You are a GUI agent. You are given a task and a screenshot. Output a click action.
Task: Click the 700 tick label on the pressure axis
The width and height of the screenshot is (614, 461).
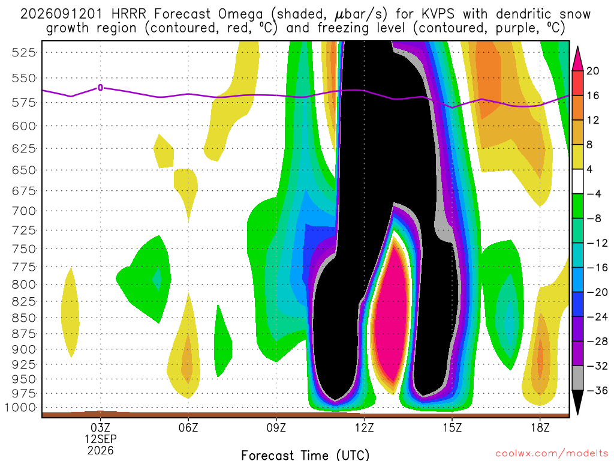(23, 211)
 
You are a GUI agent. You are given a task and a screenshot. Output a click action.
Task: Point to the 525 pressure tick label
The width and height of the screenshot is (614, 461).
(23, 52)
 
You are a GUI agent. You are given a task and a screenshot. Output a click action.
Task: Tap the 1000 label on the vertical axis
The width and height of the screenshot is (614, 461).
(20, 408)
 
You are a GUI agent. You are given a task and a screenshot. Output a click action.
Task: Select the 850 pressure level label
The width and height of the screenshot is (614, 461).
(23, 318)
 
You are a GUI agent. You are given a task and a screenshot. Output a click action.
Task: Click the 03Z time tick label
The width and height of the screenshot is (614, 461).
(101, 427)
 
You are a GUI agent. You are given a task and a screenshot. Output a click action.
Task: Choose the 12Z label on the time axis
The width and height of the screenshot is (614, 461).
(365, 427)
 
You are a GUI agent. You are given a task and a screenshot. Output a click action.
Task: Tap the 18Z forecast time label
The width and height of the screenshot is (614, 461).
(540, 427)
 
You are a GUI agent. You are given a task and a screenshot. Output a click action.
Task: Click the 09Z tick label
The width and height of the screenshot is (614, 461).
(276, 427)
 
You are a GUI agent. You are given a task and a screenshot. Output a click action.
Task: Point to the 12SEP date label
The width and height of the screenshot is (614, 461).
(101, 439)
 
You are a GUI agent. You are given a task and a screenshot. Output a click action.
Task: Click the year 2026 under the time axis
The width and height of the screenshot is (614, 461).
(101, 451)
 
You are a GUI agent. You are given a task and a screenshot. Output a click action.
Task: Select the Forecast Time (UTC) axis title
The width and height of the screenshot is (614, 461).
(305, 455)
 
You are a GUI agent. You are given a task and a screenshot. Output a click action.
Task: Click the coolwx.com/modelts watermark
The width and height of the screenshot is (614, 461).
(552, 454)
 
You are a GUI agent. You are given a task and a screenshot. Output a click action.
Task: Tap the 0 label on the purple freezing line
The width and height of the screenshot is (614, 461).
(101, 88)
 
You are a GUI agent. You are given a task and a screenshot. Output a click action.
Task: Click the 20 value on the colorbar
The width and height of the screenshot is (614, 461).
(593, 71)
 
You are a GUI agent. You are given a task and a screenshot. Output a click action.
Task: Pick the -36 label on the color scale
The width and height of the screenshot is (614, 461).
(597, 390)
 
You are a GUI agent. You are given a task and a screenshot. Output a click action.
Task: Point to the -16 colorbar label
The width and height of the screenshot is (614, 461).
(597, 268)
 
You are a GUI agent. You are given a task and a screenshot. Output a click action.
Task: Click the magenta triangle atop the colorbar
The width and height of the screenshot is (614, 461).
(577, 59)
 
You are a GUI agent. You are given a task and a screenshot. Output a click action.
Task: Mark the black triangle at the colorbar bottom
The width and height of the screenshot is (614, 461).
(577, 402)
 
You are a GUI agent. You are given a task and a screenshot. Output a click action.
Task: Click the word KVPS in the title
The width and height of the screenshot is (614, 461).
(438, 14)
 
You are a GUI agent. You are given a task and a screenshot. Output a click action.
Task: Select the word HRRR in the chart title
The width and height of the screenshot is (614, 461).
(128, 14)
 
